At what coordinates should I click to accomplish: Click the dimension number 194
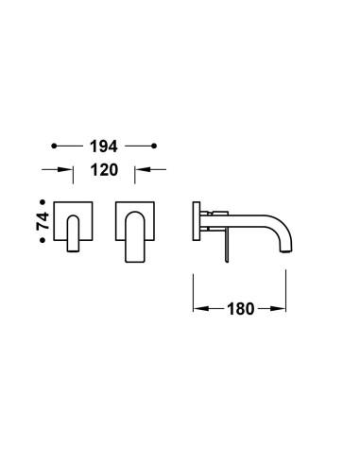(104, 146)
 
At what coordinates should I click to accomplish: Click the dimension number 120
(104, 170)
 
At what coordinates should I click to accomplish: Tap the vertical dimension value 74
(43, 221)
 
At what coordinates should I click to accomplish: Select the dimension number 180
(241, 309)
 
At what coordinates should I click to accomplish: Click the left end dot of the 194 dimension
(54, 146)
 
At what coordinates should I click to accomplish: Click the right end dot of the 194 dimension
(154, 146)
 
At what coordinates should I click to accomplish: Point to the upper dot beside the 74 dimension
(43, 201)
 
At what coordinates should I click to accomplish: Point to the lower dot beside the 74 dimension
(43, 240)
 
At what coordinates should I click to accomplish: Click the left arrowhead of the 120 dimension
(65, 169)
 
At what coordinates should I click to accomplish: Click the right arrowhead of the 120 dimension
(143, 169)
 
